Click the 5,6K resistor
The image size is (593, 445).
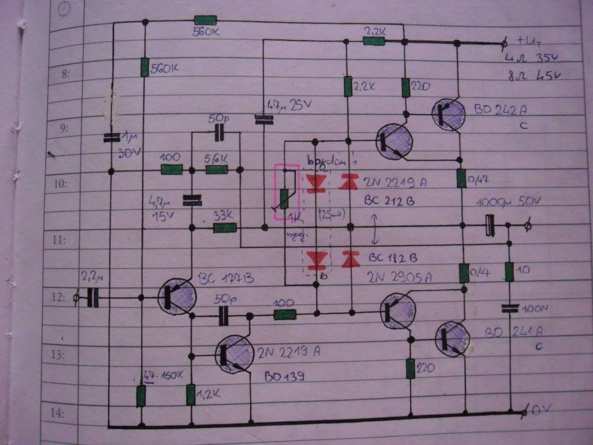pyautogui.click(x=217, y=170)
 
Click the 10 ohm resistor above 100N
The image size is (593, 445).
pyautogui.click(x=509, y=271)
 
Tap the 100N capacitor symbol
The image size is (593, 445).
pyautogui.click(x=510, y=308)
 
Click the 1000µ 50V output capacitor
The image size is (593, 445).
pyautogui.click(x=490, y=225)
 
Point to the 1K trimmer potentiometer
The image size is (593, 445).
pyautogui.click(x=284, y=199)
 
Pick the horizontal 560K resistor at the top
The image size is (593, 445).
pyautogui.click(x=206, y=22)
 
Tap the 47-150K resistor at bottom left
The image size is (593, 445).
pyautogui.click(x=141, y=396)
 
